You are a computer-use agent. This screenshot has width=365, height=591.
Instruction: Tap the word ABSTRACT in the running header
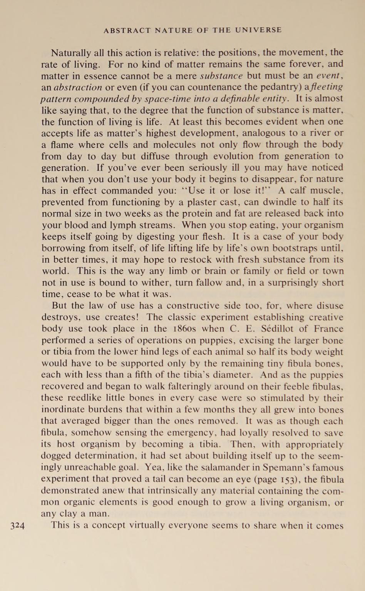click(127, 30)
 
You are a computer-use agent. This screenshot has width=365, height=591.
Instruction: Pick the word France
click(328, 329)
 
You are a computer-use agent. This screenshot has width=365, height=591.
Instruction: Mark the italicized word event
click(330, 75)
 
